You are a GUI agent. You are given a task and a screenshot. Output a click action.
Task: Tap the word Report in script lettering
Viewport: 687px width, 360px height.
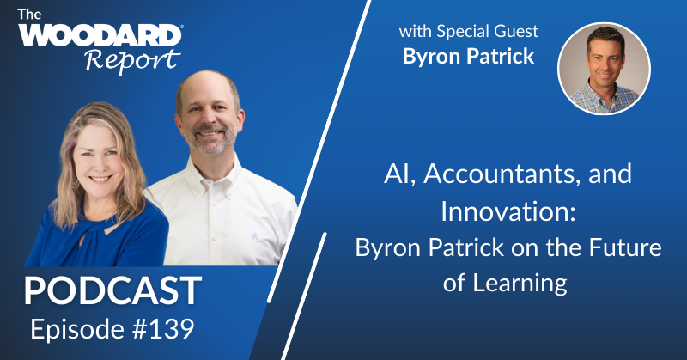pyautogui.click(x=132, y=61)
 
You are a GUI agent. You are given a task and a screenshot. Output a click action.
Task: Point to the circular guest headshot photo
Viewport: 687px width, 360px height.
pyautogui.click(x=604, y=69)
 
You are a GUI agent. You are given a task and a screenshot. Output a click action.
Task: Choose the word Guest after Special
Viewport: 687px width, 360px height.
pyautogui.click(x=520, y=33)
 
